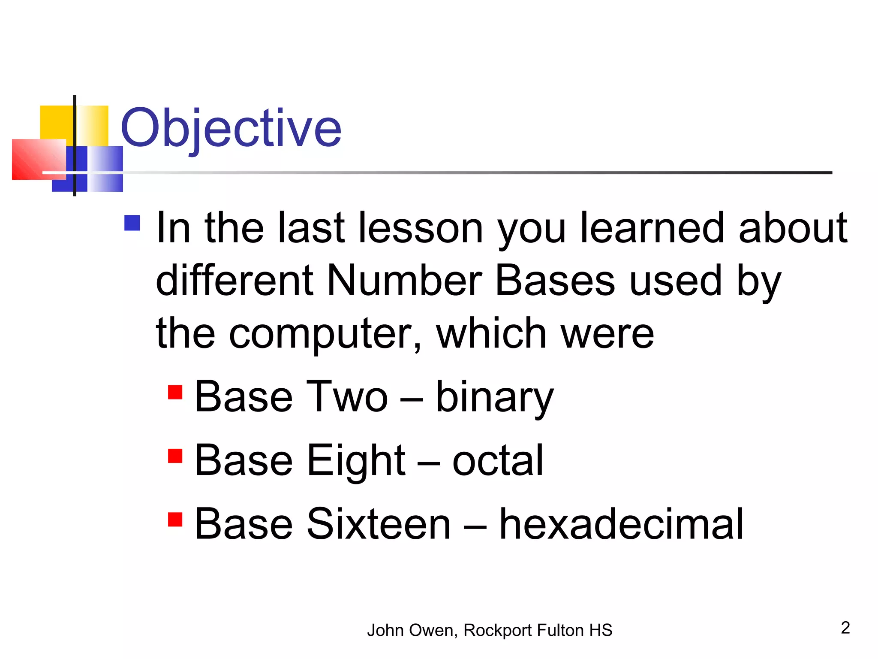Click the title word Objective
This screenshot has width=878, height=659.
pyautogui.click(x=231, y=128)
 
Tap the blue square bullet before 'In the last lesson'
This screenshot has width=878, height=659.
pyautogui.click(x=132, y=223)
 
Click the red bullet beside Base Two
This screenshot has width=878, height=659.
pyautogui.click(x=175, y=392)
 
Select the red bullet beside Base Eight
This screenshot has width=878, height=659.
pyautogui.click(x=175, y=456)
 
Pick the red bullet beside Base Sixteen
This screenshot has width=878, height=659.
pyautogui.click(x=175, y=519)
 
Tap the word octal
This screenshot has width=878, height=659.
pyautogui.click(x=498, y=461)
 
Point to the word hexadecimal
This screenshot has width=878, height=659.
pyautogui.click(x=621, y=524)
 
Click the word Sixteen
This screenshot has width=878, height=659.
pyautogui.click(x=379, y=524)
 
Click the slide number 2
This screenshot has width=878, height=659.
pyautogui.click(x=845, y=628)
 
